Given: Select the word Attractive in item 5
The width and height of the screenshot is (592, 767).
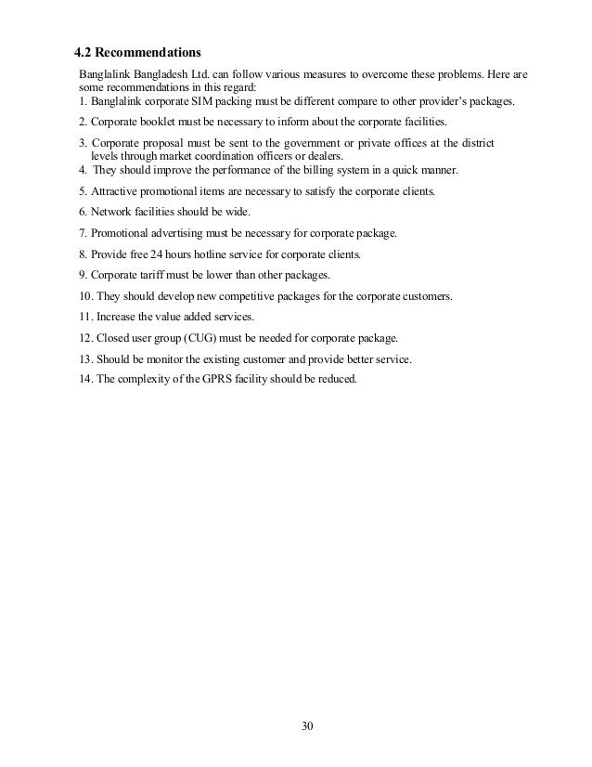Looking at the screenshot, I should tap(112, 191).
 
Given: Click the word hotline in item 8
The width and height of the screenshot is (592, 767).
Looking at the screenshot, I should tap(219, 253).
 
